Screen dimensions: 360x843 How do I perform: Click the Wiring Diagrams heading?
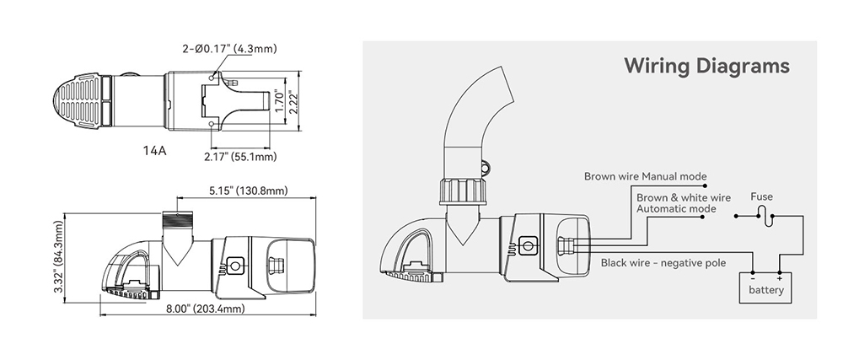(x=706, y=66)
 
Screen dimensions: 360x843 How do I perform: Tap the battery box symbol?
(x=766, y=285)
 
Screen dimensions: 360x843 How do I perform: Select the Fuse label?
(x=762, y=196)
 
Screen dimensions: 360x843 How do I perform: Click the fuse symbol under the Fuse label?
(x=762, y=214)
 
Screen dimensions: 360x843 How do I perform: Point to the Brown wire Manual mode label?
(x=646, y=177)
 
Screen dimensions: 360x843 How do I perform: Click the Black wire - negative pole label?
(x=663, y=263)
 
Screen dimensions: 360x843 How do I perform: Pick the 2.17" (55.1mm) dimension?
(x=239, y=157)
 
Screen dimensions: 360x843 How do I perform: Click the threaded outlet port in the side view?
(x=178, y=223)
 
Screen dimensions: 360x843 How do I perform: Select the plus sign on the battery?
(x=780, y=277)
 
